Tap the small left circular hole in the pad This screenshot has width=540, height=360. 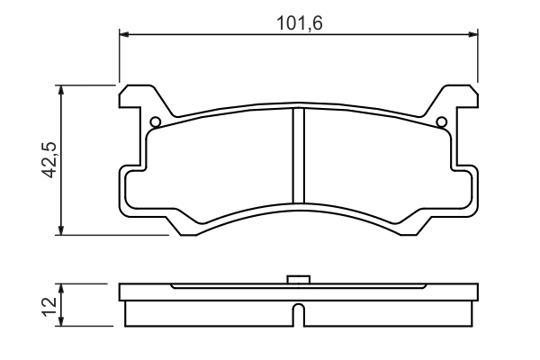(x=155, y=123)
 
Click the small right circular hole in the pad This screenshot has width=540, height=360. (x=442, y=123)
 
